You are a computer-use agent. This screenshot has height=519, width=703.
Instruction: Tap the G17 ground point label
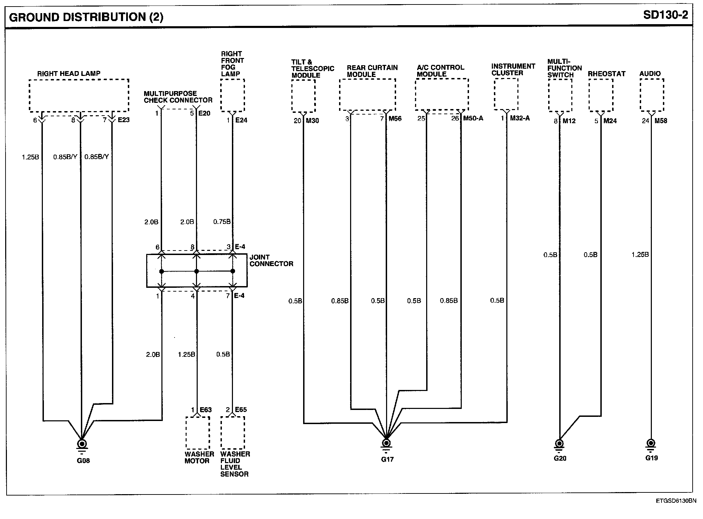click(x=387, y=459)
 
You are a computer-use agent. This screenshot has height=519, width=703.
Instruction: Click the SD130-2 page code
click(x=665, y=15)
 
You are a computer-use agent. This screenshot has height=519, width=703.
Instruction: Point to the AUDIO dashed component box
click(x=652, y=95)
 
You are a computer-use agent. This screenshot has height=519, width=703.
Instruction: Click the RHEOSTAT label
click(x=607, y=74)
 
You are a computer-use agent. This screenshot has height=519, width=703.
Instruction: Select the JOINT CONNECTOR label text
click(x=271, y=261)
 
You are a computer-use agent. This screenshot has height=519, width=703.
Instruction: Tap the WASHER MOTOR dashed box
click(x=198, y=433)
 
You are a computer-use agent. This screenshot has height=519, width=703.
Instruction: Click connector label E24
click(x=241, y=120)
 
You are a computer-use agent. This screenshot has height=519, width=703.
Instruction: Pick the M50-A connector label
click(x=473, y=118)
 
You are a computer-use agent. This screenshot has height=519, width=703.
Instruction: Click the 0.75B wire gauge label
click(x=222, y=222)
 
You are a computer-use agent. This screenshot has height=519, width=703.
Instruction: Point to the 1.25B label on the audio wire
click(x=640, y=255)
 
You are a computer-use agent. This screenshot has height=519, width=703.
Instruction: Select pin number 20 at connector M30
click(x=298, y=121)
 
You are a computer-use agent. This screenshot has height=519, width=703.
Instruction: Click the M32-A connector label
click(x=519, y=118)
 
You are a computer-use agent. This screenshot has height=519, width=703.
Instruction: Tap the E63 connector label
click(x=206, y=410)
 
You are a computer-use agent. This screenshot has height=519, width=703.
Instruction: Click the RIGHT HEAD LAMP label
click(x=69, y=74)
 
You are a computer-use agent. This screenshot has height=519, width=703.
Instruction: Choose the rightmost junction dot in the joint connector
click(x=233, y=271)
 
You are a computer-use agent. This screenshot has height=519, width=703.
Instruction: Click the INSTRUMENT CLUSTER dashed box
click(x=506, y=95)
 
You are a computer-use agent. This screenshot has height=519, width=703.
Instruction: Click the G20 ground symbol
click(x=559, y=444)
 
